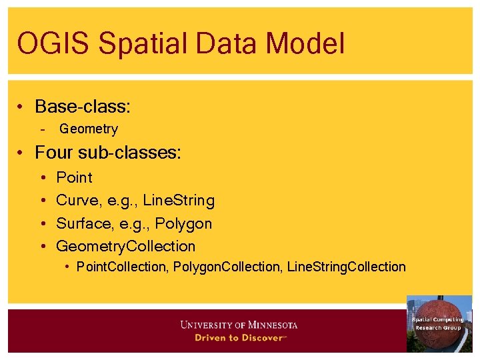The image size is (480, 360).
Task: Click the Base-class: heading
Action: click(82, 107)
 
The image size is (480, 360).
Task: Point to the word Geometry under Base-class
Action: click(88, 129)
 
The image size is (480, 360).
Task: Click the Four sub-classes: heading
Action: click(107, 153)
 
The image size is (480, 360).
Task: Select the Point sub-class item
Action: click(74, 178)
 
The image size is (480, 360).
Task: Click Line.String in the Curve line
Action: click(179, 201)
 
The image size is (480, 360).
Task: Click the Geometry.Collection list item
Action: click(125, 247)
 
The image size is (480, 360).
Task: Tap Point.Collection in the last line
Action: click(121, 267)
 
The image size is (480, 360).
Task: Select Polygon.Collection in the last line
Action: click(227, 267)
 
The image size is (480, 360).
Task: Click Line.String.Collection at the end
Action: click(346, 267)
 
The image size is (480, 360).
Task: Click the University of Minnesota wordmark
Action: click(239, 325)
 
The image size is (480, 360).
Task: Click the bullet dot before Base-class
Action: click(22, 107)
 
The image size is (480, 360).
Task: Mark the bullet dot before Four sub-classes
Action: click(22, 153)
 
